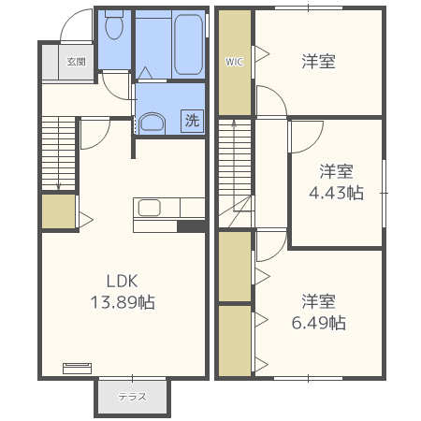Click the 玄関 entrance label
(76, 62)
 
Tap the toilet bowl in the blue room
(114, 25)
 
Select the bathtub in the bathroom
(188, 44)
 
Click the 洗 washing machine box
(192, 121)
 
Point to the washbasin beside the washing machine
(152, 123)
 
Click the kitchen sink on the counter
(150, 208)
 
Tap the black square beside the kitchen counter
(191, 226)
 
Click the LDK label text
(122, 281)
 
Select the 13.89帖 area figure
(123, 302)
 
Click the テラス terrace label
(132, 397)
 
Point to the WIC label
(234, 62)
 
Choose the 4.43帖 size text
(336, 193)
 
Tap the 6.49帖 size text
(319, 323)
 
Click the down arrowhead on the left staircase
(58, 187)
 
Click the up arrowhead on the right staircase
(234, 123)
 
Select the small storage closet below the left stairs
(59, 211)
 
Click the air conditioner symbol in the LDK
(78, 368)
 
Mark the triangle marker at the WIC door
(262, 54)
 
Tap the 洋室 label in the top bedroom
(318, 61)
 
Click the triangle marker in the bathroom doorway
(145, 73)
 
